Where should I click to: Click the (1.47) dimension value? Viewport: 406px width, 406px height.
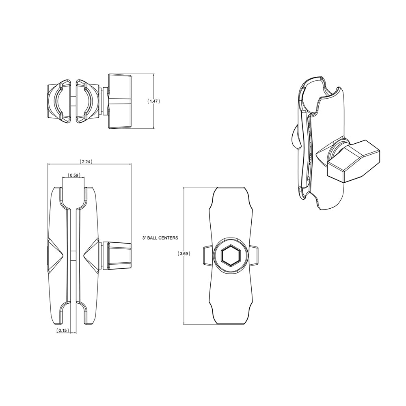[x=153, y=101]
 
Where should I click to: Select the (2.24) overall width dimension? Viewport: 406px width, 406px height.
[x=86, y=161]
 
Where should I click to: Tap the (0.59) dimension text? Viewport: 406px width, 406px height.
[x=73, y=175]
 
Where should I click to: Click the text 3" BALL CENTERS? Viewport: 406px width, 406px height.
[x=160, y=238]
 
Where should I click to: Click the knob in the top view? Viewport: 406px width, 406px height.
[x=120, y=101]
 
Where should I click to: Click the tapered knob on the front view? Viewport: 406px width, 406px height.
[x=119, y=255]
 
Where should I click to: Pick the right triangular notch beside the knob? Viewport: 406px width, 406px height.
[x=92, y=255]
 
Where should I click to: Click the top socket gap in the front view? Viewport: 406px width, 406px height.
[x=73, y=197]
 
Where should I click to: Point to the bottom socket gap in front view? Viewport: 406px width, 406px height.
[x=73, y=315]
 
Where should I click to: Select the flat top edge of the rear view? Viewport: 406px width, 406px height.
[x=230, y=188]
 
